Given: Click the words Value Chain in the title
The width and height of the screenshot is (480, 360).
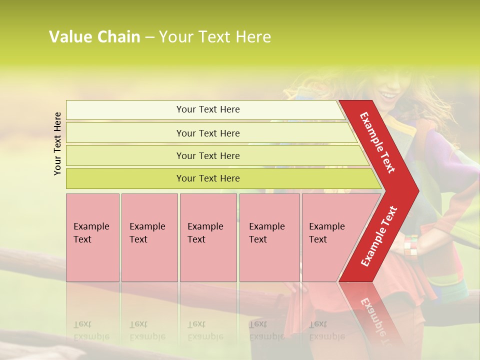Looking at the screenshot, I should tap(94, 37).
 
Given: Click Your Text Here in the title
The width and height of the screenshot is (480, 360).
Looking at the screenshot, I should tap(215, 37).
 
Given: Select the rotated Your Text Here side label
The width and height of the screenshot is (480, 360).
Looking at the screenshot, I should tap(58, 143).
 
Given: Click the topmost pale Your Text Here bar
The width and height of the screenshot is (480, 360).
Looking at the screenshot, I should tap(208, 109).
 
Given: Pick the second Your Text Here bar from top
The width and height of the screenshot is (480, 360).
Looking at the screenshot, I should tap(208, 133).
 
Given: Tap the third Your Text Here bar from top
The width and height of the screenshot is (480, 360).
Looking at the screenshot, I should tap(208, 155).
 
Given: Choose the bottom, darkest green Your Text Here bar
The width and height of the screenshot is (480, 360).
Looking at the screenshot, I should tap(208, 178).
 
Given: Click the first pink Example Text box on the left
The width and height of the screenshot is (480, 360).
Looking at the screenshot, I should tap(92, 237).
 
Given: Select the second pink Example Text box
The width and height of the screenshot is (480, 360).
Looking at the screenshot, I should tap(149, 237).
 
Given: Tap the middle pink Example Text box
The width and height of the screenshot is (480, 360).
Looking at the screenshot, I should tap(208, 237).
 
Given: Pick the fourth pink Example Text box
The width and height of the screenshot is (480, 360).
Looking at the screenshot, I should tap(269, 237).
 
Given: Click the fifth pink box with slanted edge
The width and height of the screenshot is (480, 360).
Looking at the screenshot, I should tap(330, 237).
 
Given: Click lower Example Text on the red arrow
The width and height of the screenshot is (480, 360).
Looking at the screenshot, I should tap(378, 236).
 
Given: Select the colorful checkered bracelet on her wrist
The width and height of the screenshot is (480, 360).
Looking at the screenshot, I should tap(410, 245).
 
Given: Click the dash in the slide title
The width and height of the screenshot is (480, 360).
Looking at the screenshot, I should tap(149, 37).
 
